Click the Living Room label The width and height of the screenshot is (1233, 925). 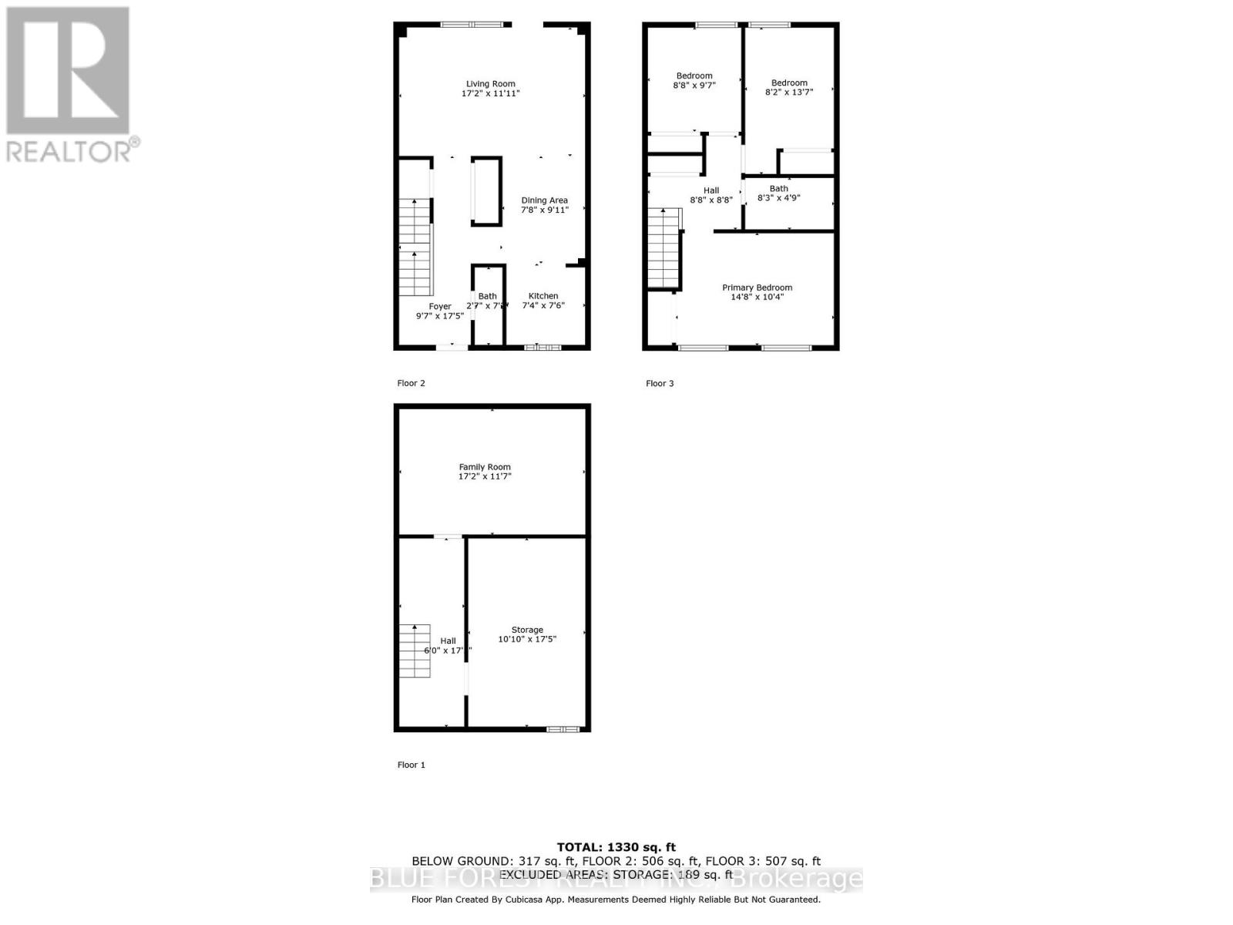tap(490, 84)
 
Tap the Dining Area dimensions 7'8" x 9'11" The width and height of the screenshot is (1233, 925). tap(544, 210)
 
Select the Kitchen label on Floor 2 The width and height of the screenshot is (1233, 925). tap(543, 296)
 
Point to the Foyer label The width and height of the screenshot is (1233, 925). tap(440, 307)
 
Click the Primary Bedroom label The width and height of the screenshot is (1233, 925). tap(757, 288)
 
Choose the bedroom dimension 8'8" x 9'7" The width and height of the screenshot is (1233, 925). tap(694, 86)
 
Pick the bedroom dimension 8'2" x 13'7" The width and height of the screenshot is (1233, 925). tap(789, 92)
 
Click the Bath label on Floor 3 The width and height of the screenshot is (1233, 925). tap(778, 189)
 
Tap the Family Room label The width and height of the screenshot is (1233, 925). tap(485, 467)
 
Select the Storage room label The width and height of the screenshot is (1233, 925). tap(527, 630)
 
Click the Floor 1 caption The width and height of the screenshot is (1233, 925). tap(411, 765)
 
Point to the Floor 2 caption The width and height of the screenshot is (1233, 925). tap(411, 383)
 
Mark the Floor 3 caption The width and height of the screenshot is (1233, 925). tap(660, 383)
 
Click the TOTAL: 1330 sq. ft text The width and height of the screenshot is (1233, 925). tap(616, 847)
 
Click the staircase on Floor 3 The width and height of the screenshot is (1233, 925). tap(663, 248)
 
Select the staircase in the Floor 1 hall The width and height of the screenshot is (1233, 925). tap(414, 651)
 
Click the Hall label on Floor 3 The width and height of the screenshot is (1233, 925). tap(711, 190)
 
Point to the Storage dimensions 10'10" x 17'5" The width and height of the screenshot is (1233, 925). tap(527, 639)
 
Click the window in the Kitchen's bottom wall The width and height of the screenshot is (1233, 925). tap(543, 348)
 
